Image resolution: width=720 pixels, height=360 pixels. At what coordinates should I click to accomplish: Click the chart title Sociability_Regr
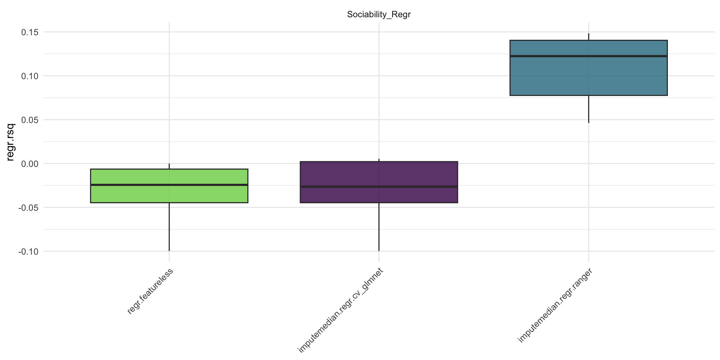tap(379, 15)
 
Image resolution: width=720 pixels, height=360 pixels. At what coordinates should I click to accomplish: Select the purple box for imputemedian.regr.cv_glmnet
tap(379, 174)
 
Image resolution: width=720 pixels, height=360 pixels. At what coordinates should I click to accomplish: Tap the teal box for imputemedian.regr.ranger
tap(588, 75)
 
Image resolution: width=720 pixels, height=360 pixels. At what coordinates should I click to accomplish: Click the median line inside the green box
tap(169, 185)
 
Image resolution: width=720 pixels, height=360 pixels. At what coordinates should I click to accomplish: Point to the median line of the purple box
tap(379, 186)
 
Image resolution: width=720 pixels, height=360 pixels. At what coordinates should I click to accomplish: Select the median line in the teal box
tap(588, 56)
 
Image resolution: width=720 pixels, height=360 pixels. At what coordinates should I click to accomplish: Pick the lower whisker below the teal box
tap(588, 109)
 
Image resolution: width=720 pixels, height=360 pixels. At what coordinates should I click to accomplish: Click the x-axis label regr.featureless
tap(150, 291)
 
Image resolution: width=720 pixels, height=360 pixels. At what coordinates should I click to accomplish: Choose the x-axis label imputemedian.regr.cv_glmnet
tap(340, 310)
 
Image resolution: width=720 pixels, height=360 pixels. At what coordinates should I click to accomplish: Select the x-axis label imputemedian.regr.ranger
tap(555, 305)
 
